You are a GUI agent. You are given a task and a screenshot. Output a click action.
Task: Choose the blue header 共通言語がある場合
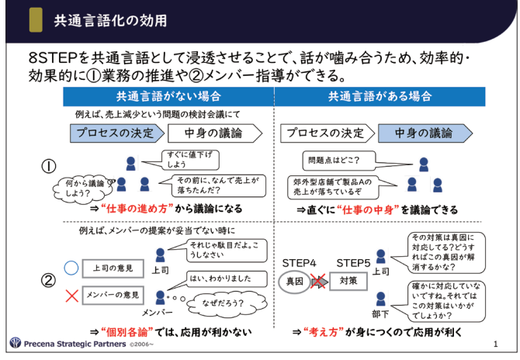pyautogui.click(x=379, y=96)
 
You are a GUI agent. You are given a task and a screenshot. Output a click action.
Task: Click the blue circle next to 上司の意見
pyautogui.click(x=71, y=268)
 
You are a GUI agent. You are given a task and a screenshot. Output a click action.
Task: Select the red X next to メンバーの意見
pyautogui.click(x=71, y=294)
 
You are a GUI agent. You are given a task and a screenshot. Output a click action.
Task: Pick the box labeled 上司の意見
pyautogui.click(x=111, y=268)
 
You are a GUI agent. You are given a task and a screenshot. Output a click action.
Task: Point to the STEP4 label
pyautogui.click(x=299, y=261)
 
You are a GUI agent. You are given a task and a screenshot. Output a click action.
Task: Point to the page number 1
pyautogui.click(x=497, y=343)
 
